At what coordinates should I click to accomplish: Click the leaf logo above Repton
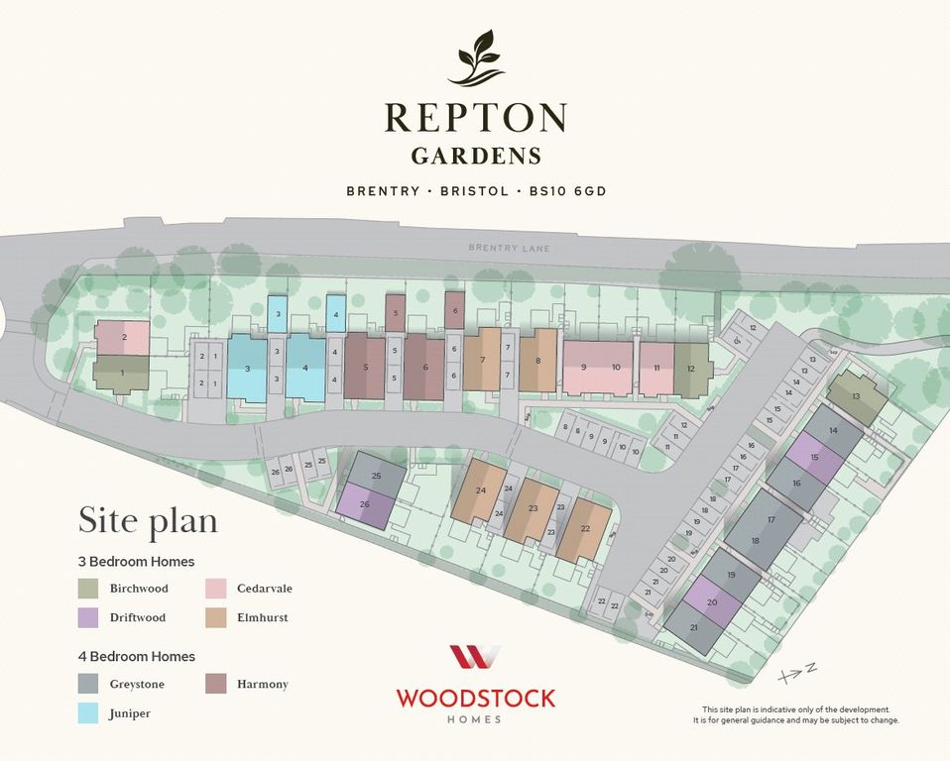point(475,58)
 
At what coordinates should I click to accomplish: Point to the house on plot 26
point(365,503)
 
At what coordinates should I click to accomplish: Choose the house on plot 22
point(585,529)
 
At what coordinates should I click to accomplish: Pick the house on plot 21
point(694,628)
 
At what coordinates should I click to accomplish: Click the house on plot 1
point(122,374)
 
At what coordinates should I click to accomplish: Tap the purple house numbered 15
point(814,457)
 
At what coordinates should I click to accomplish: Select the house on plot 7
point(482,360)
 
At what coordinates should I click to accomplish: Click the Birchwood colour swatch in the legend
point(89,589)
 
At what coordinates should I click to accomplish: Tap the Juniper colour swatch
point(89,712)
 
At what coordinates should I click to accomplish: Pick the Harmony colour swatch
point(216,684)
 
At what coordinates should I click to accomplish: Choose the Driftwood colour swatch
point(89,617)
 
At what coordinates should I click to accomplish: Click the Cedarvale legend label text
point(265,589)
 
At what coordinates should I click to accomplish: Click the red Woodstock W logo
point(475,657)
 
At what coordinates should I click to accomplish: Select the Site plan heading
point(148,521)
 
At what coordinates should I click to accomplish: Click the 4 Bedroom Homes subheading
point(137,656)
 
